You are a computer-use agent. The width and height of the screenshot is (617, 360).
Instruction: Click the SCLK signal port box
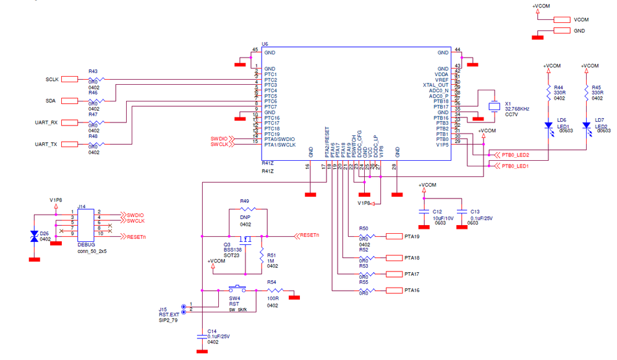69,79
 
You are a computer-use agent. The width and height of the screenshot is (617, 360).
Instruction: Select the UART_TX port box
69,145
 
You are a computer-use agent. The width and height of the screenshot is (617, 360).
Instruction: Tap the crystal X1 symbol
493,106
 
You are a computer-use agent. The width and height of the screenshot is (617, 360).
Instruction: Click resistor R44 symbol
548,93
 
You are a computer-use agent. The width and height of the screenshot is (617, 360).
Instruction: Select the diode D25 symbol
35,236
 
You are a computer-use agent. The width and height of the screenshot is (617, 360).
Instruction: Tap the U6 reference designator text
265,44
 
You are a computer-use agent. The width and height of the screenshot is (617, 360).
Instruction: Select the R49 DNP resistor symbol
245,210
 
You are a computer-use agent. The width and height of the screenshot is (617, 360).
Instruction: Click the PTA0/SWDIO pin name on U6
279,139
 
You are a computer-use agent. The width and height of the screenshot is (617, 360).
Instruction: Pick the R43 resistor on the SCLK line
96,79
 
